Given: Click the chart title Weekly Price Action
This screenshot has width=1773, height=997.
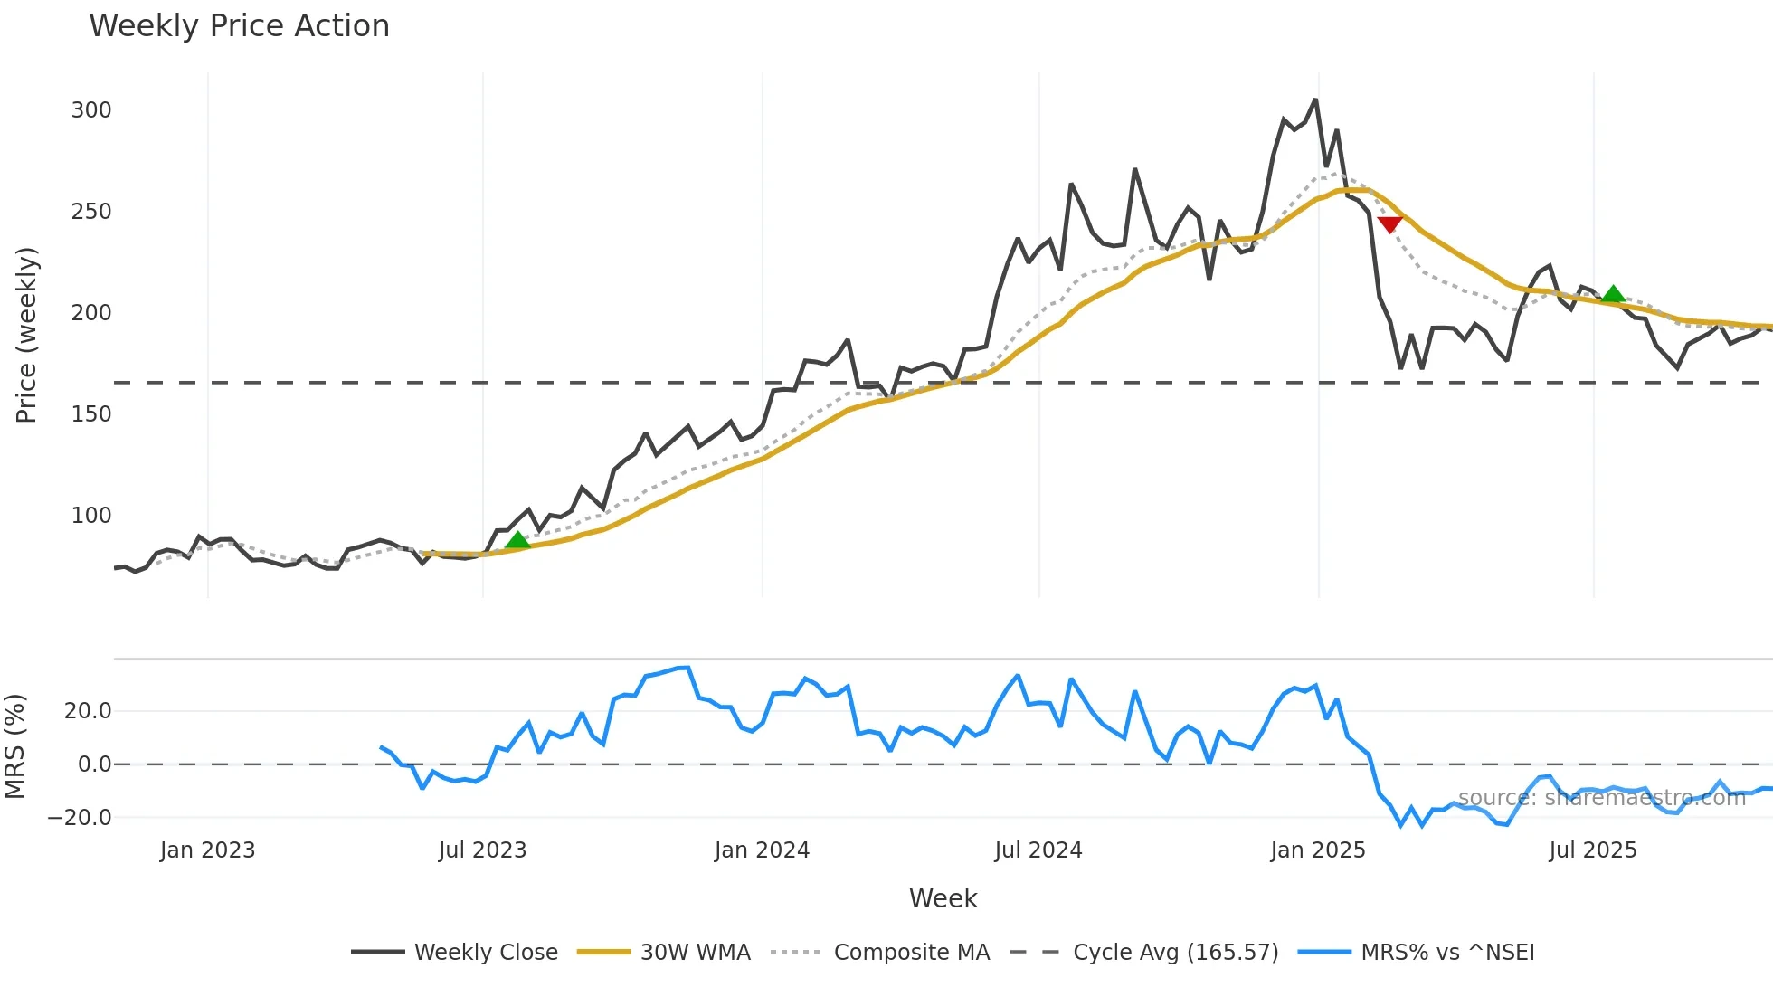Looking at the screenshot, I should tap(239, 26).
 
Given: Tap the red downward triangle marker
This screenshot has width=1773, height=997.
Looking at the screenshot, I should tap(1389, 224).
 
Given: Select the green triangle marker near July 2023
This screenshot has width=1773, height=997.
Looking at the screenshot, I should tap(517, 540).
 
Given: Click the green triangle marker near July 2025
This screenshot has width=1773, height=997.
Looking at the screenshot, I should tap(1613, 294).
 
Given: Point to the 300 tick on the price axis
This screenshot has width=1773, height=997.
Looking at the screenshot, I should tap(91, 110).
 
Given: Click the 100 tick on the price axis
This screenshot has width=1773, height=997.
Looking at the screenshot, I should tap(91, 516).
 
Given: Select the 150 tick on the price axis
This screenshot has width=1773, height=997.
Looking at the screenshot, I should tap(91, 414).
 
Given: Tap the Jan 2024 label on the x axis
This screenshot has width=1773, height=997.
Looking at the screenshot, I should tap(762, 850).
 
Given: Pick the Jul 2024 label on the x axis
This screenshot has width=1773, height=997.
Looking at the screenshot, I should tap(1038, 850).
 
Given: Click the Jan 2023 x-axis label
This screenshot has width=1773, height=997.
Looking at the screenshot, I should tap(207, 850).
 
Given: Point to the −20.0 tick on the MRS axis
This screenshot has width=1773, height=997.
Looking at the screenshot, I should tap(80, 818).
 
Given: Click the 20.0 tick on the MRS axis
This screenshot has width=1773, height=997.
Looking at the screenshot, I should tap(88, 711).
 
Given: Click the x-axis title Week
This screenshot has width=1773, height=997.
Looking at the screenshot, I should tap(943, 898).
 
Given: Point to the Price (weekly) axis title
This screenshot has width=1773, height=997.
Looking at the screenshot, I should tap(26, 335).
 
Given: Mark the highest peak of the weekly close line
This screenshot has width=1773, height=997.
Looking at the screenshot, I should tap(1315, 100).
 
